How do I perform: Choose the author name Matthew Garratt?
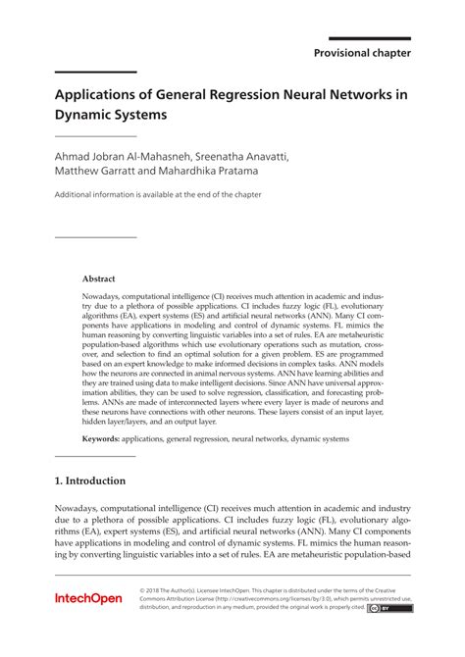click(91, 171)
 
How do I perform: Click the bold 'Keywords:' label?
click(100, 438)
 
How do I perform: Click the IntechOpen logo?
click(89, 625)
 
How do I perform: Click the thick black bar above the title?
click(95, 73)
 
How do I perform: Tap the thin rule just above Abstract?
click(95, 237)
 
